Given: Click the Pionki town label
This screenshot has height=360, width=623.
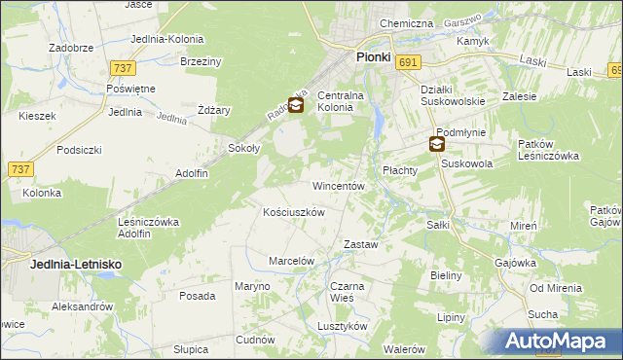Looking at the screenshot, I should (x=373, y=57).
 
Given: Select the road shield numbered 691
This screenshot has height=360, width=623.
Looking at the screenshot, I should (x=409, y=61).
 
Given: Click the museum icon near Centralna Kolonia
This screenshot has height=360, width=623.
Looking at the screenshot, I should (x=296, y=104).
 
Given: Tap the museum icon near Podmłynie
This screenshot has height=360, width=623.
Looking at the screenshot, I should (x=437, y=145).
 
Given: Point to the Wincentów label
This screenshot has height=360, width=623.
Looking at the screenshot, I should (x=338, y=185).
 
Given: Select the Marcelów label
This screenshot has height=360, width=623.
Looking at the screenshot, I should (x=291, y=261).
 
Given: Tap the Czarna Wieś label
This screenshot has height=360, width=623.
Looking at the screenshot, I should (x=347, y=292).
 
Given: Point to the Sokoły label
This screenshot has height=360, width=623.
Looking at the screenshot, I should (x=243, y=148).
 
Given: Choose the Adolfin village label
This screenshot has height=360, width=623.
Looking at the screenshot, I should (x=192, y=173).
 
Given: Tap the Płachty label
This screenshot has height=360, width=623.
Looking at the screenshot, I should (x=399, y=169).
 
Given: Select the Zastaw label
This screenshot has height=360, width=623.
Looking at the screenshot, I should (x=360, y=244).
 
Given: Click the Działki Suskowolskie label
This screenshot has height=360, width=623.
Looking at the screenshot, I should (x=452, y=96).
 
